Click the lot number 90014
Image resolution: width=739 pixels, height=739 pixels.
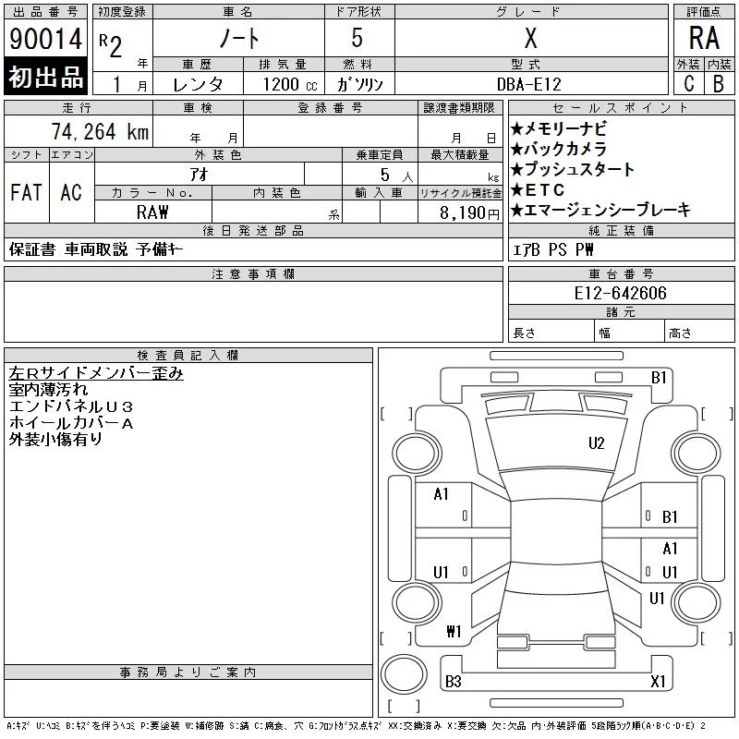click(x=45, y=39)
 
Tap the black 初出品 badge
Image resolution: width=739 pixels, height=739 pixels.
click(x=45, y=77)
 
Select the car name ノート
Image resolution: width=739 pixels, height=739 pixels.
click(x=238, y=39)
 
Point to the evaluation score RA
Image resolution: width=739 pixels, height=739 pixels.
click(x=704, y=39)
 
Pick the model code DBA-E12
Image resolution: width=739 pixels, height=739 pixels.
click(x=529, y=84)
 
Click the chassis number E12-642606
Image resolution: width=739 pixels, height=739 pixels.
click(x=620, y=293)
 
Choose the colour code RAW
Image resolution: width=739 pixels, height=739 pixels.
click(x=152, y=212)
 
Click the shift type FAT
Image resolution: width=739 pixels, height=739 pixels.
click(x=26, y=192)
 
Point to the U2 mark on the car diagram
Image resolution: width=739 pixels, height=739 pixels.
click(x=597, y=443)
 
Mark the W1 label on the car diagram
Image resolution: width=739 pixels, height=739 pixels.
click(x=453, y=632)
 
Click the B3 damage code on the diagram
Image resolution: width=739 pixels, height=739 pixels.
click(x=453, y=682)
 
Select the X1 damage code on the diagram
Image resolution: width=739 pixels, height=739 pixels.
click(x=658, y=682)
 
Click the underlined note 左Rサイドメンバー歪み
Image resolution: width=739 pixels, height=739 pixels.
click(x=96, y=373)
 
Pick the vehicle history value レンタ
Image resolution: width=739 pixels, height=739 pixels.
click(x=199, y=84)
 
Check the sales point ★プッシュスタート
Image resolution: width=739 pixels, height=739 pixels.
click(x=573, y=169)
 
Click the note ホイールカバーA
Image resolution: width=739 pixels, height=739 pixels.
click(x=71, y=423)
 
